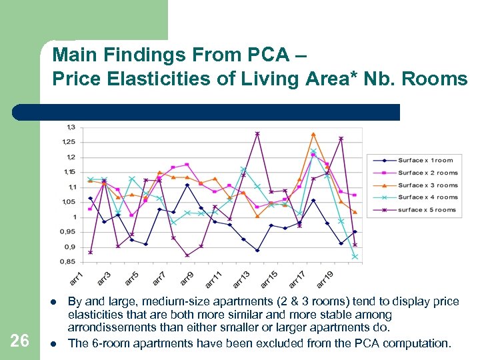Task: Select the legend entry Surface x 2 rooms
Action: pos(427,173)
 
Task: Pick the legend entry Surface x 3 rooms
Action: pos(427,185)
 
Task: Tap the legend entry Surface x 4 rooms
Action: pos(427,197)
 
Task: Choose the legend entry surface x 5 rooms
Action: pos(427,209)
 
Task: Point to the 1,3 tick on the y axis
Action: pos(71,127)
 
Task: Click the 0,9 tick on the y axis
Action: pos(69,247)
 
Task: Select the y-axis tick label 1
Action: pos(73,217)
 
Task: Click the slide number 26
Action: pos(20,341)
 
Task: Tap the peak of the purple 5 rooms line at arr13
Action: pos(257,133)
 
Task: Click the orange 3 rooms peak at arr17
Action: pos(313,135)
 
